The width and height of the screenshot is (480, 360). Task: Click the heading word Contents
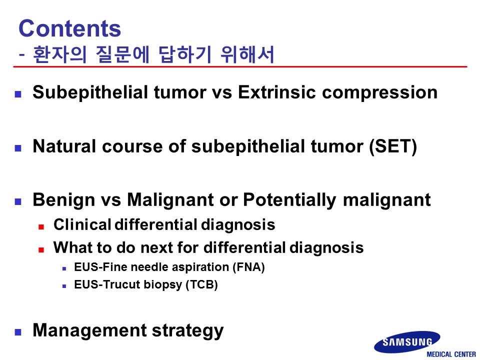coord(70,28)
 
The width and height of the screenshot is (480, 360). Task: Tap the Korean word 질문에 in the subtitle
coord(122,54)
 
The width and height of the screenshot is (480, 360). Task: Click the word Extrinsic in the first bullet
coord(276,92)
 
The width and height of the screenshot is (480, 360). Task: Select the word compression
coord(379,93)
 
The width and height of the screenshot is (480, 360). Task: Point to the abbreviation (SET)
coord(393,146)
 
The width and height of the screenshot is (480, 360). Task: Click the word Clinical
coord(82,224)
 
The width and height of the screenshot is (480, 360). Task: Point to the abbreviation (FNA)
coord(248,267)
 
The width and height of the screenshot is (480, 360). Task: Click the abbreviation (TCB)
coord(201,284)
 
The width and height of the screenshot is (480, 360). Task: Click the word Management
coord(89,330)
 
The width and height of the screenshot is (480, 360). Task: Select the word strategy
coord(187,331)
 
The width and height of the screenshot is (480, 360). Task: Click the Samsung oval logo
coord(407,342)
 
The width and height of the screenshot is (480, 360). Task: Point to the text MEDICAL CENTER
coord(451,354)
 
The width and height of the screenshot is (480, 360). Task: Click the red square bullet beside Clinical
coord(41,227)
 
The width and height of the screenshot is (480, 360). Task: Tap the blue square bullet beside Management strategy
coord(18,332)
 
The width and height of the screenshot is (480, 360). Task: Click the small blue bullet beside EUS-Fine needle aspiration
coord(64,269)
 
